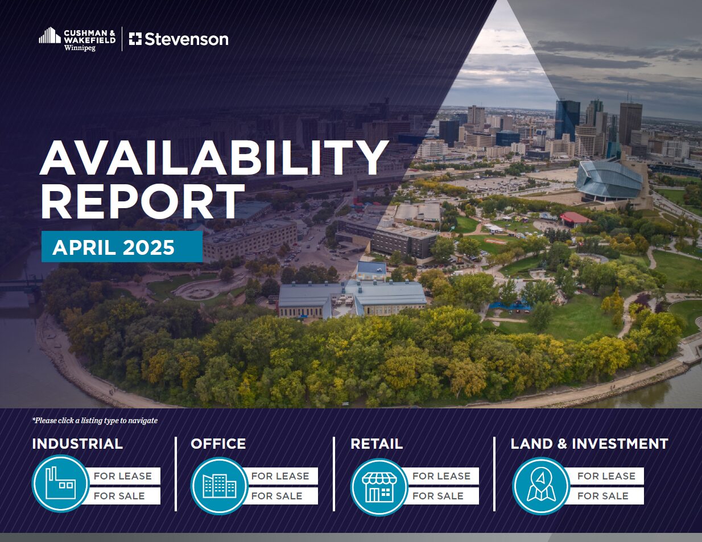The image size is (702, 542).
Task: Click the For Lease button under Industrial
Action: pyautogui.click(x=122, y=475)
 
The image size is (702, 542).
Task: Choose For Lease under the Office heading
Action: pyautogui.click(x=280, y=475)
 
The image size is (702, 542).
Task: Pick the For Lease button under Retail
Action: pyautogui.click(x=441, y=475)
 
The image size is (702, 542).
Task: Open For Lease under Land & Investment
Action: pyautogui.click(x=606, y=475)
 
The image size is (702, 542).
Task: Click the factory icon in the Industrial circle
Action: pyautogui.click(x=60, y=483)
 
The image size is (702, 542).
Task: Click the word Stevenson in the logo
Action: pyautogui.click(x=187, y=39)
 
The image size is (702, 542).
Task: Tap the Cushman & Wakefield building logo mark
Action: pyautogui.click(x=49, y=35)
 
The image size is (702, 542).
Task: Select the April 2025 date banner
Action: pyautogui.click(x=122, y=246)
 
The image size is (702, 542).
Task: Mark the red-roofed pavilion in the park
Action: pyautogui.click(x=575, y=218)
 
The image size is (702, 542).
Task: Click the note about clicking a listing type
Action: pyautogui.click(x=95, y=421)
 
